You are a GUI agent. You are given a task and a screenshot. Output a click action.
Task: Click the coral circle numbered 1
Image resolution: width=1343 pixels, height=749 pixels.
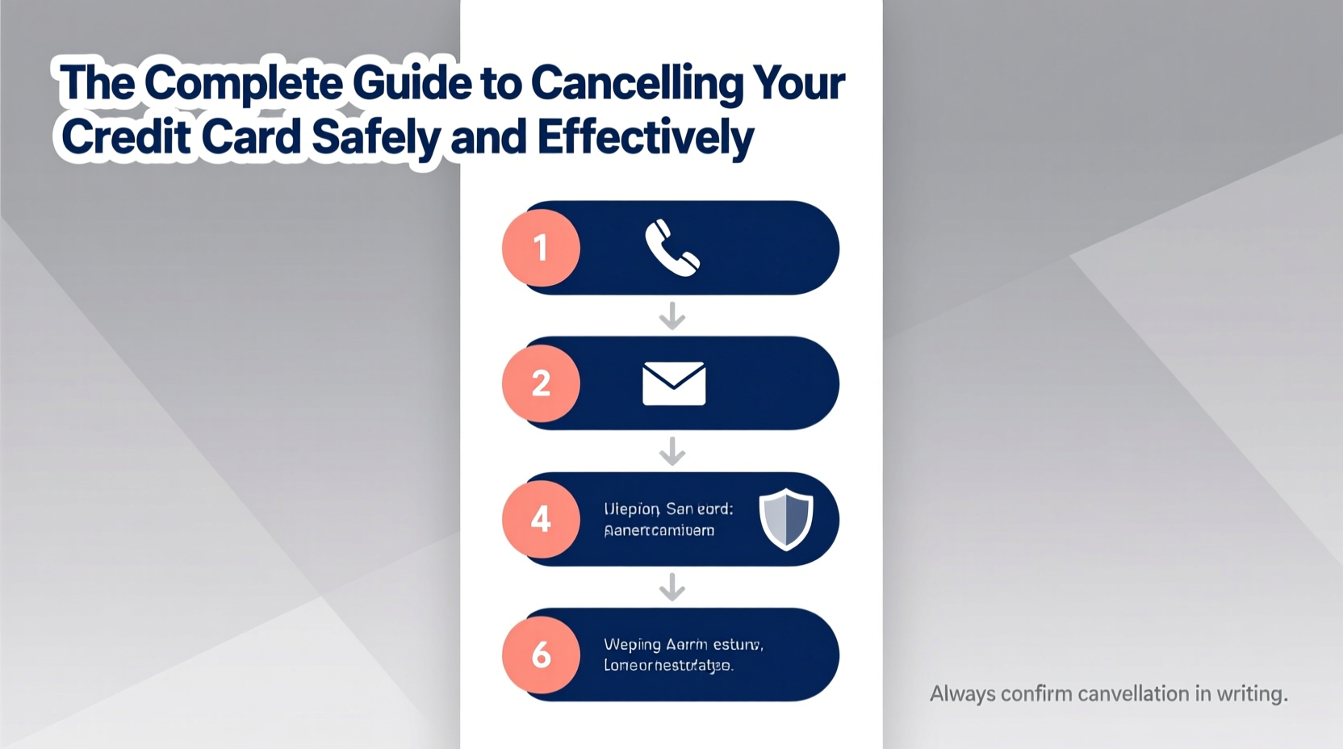click(541, 248)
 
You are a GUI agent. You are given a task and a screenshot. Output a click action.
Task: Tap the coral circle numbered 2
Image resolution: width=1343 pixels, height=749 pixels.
click(541, 383)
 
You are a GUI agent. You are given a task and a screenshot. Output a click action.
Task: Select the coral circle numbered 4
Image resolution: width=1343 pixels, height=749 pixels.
click(541, 519)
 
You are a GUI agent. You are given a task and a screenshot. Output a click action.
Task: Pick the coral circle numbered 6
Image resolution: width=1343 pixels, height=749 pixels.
click(541, 655)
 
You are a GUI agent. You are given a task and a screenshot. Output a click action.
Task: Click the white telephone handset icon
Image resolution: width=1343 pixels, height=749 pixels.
click(671, 248)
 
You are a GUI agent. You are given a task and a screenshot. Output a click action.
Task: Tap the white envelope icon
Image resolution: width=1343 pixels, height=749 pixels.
click(674, 383)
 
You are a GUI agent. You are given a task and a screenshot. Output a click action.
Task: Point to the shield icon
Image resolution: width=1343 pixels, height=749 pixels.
click(786, 519)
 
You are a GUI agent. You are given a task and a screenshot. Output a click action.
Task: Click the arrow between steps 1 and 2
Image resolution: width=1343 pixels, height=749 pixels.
click(672, 316)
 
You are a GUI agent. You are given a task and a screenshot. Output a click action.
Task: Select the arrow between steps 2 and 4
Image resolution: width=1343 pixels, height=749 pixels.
click(672, 451)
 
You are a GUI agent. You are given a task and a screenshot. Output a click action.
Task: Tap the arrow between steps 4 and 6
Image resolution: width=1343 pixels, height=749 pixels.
click(672, 587)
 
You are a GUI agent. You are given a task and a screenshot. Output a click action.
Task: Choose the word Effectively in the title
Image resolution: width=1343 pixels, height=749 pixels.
click(645, 137)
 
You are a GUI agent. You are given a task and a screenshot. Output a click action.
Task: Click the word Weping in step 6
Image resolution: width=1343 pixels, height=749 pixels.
click(633, 645)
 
